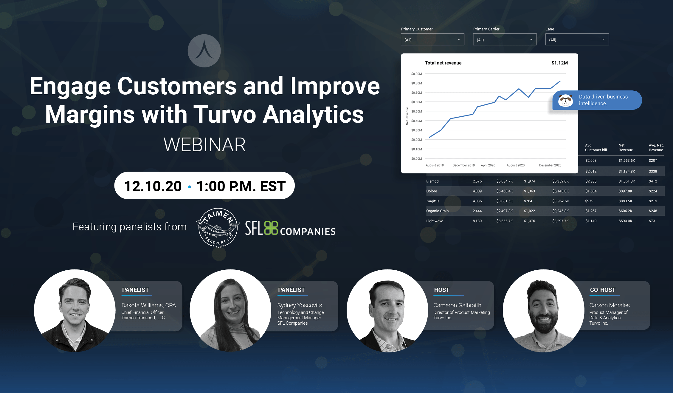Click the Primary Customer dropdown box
pos(432,40)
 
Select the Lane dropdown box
pos(577,40)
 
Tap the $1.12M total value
pos(559,63)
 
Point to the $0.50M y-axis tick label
pos(416,112)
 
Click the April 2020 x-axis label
pos(488,165)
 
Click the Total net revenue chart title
pos(443,63)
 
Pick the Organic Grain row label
pos(437,211)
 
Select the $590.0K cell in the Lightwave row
pos(625,221)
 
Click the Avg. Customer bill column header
pos(596,148)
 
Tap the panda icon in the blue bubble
pos(565,101)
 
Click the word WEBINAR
pos(204,145)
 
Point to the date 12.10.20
pos(153,187)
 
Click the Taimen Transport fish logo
pos(218,228)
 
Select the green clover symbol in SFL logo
pos(271,228)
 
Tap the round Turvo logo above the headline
pos(204,51)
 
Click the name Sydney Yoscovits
pos(300,305)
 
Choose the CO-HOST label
pos(603,290)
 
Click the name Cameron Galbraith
pos(457,305)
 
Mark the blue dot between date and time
pos(190,187)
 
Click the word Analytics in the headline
pos(313,115)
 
